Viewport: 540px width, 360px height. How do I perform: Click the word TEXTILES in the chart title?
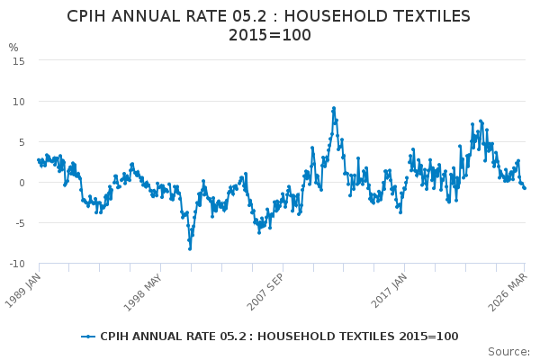pyautogui.click(x=427, y=17)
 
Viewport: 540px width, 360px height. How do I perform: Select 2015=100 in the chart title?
pyautogui.click(x=270, y=36)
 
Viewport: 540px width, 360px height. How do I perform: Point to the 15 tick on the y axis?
pyautogui.click(x=18, y=60)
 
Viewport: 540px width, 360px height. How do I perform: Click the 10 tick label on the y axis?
pyautogui.click(x=18, y=101)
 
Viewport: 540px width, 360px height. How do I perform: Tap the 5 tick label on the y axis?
pyautogui.click(x=21, y=141)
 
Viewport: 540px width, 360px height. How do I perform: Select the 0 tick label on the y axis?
pyautogui.click(x=21, y=183)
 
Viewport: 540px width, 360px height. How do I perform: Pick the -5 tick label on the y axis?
pyautogui.click(x=18, y=223)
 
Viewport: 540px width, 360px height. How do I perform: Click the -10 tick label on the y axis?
pyautogui.click(x=16, y=264)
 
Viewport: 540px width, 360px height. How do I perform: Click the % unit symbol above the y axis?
pyautogui.click(x=13, y=48)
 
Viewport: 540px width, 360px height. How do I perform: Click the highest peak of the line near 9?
pyautogui.click(x=334, y=108)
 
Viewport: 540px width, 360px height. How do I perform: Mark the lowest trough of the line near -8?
pyautogui.click(x=190, y=248)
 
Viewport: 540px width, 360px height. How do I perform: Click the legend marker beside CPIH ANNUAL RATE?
pyautogui.click(x=88, y=337)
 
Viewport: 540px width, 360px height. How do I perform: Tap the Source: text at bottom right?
pyautogui.click(x=509, y=351)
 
